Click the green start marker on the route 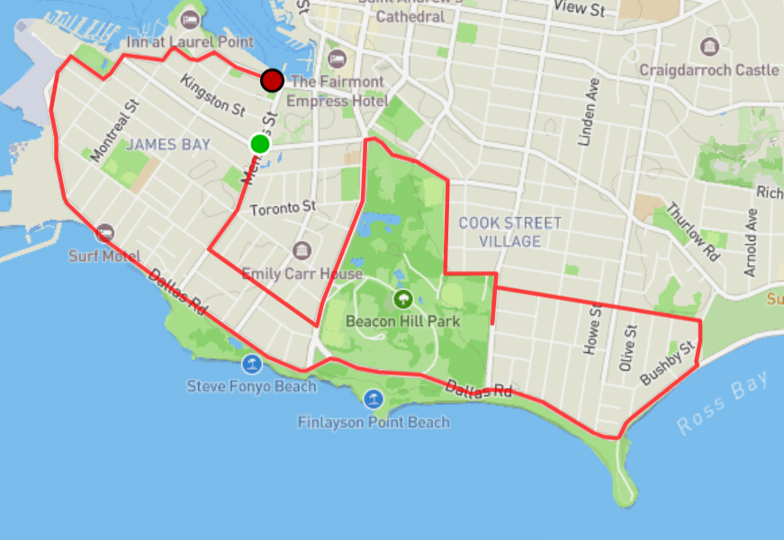[260, 144]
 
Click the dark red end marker [272, 81]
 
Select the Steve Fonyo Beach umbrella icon [252, 364]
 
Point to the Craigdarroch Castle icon [709, 47]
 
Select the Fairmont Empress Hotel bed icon [338, 59]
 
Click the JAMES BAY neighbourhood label [168, 144]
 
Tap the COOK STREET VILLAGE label [510, 231]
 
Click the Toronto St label [283, 208]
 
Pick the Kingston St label [212, 95]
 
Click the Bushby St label [668, 364]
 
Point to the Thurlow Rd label [693, 231]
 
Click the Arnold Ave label [751, 242]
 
